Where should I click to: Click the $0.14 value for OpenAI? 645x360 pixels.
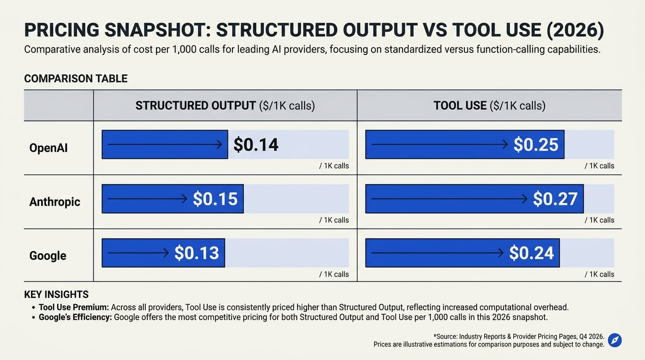pyautogui.click(x=255, y=144)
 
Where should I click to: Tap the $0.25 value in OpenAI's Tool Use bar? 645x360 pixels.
pyautogui.click(x=536, y=144)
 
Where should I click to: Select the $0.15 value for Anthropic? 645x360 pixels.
pyautogui.click(x=215, y=199)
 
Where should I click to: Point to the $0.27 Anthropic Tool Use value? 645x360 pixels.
pyautogui.click(x=555, y=199)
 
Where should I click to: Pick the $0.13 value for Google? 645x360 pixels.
pyautogui.click(x=197, y=253)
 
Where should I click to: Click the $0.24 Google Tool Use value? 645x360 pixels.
pyautogui.click(x=531, y=253)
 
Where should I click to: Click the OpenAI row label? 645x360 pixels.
pyautogui.click(x=48, y=148)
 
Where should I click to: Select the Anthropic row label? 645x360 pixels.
pyautogui.click(x=55, y=202)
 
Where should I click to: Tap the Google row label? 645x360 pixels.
pyautogui.click(x=48, y=256)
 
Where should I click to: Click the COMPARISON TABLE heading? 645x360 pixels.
pyautogui.click(x=76, y=79)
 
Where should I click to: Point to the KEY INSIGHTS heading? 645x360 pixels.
pyautogui.click(x=56, y=294)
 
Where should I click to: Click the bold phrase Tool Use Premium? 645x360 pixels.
pyautogui.click(x=74, y=307)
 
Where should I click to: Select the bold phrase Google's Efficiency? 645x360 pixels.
pyautogui.click(x=75, y=317)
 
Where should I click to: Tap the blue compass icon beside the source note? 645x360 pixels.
pyautogui.click(x=615, y=340)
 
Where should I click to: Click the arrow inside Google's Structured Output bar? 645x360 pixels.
pyautogui.click(x=138, y=253)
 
